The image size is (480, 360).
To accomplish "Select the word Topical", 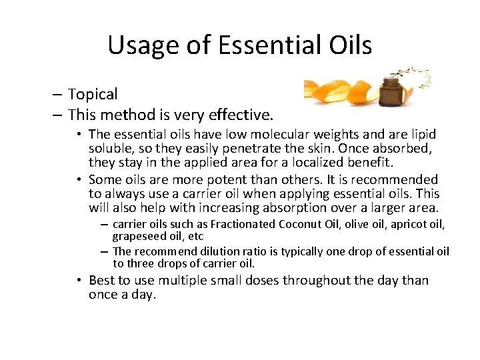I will (x=92, y=95).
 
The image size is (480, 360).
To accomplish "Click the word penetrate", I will (x=251, y=149).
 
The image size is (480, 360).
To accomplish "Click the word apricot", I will (x=408, y=224).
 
